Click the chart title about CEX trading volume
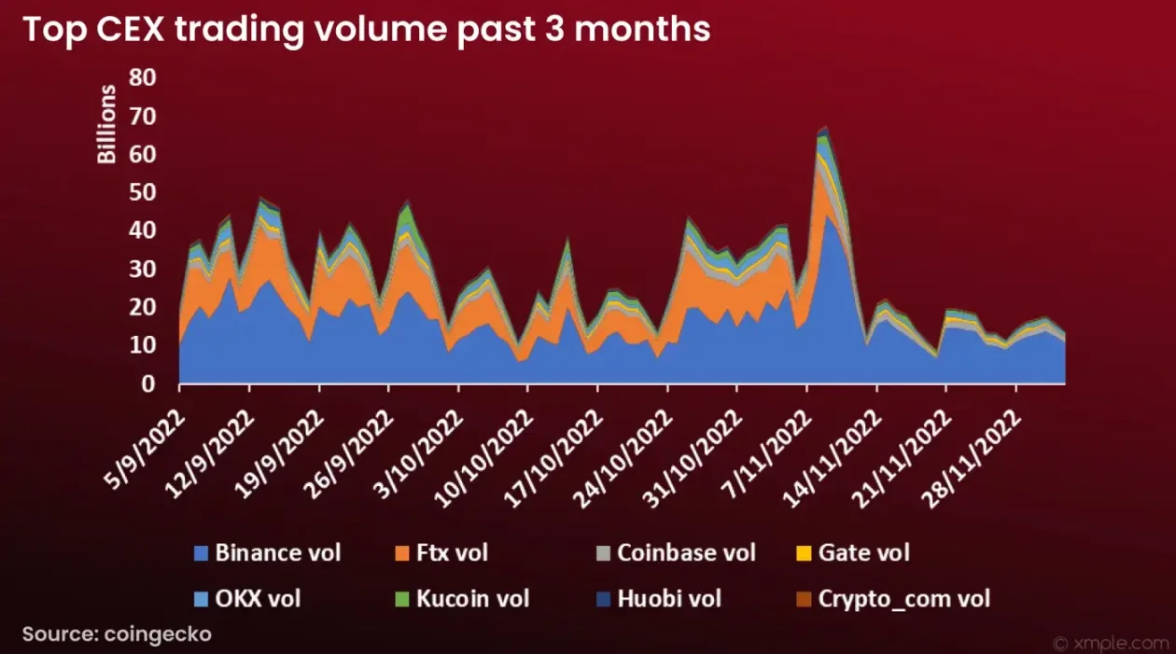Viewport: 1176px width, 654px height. tap(367, 29)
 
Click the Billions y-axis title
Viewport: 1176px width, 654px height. tap(107, 124)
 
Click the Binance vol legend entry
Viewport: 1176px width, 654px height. tap(277, 552)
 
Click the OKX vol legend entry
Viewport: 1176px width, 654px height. tap(258, 598)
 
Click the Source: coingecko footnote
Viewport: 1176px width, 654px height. tap(118, 634)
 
